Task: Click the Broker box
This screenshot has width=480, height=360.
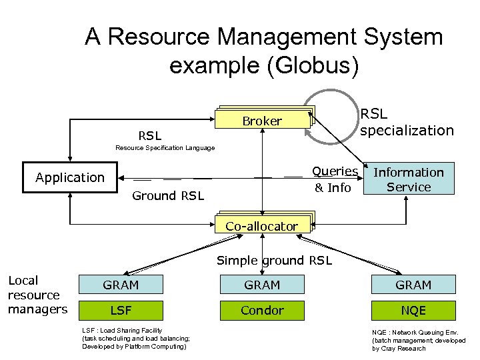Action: point(262,121)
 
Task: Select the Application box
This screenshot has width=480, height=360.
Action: point(69,177)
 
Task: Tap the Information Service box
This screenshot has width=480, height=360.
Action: point(409,179)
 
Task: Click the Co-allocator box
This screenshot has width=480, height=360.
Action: point(261,226)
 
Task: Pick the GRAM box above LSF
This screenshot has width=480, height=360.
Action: point(121,285)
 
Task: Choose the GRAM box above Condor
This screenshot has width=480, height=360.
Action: point(262,285)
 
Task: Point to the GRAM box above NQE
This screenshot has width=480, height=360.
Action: point(413,285)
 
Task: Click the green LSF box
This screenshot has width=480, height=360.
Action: point(121,310)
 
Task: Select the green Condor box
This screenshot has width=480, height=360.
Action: point(262,310)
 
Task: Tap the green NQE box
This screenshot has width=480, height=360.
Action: point(413,310)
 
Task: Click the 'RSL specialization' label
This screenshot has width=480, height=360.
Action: point(407,122)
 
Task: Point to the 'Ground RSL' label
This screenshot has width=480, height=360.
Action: point(167,195)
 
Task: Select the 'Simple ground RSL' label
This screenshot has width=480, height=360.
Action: point(274,261)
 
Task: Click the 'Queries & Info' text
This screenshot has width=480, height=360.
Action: point(334,180)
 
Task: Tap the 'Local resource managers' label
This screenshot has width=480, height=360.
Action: point(37,294)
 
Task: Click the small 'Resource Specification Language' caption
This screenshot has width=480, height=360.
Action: point(165,147)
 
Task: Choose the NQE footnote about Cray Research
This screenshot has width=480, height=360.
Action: point(419,340)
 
